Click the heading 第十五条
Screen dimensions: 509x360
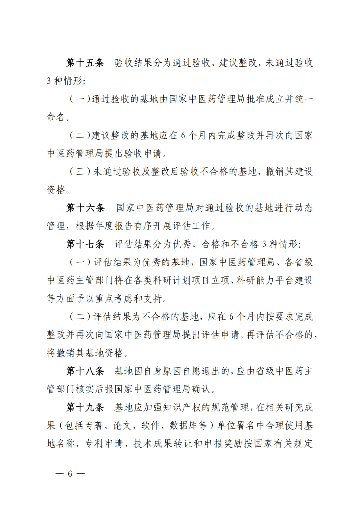pos(85,63)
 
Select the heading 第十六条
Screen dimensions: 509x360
pos(85,208)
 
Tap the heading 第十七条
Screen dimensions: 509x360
pos(85,244)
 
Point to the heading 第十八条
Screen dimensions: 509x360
pos(85,371)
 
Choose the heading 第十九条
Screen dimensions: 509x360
pos(85,407)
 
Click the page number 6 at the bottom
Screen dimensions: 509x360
pos(70,474)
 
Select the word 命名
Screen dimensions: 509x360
pos(56,117)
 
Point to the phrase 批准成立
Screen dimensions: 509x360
pos(265,99)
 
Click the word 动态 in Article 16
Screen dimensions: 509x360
pos(303,208)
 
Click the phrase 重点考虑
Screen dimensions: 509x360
pos(109,298)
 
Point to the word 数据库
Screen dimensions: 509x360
pos(184,425)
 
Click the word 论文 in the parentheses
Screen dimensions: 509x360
pos(123,425)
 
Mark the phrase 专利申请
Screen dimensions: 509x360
pos(104,444)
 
